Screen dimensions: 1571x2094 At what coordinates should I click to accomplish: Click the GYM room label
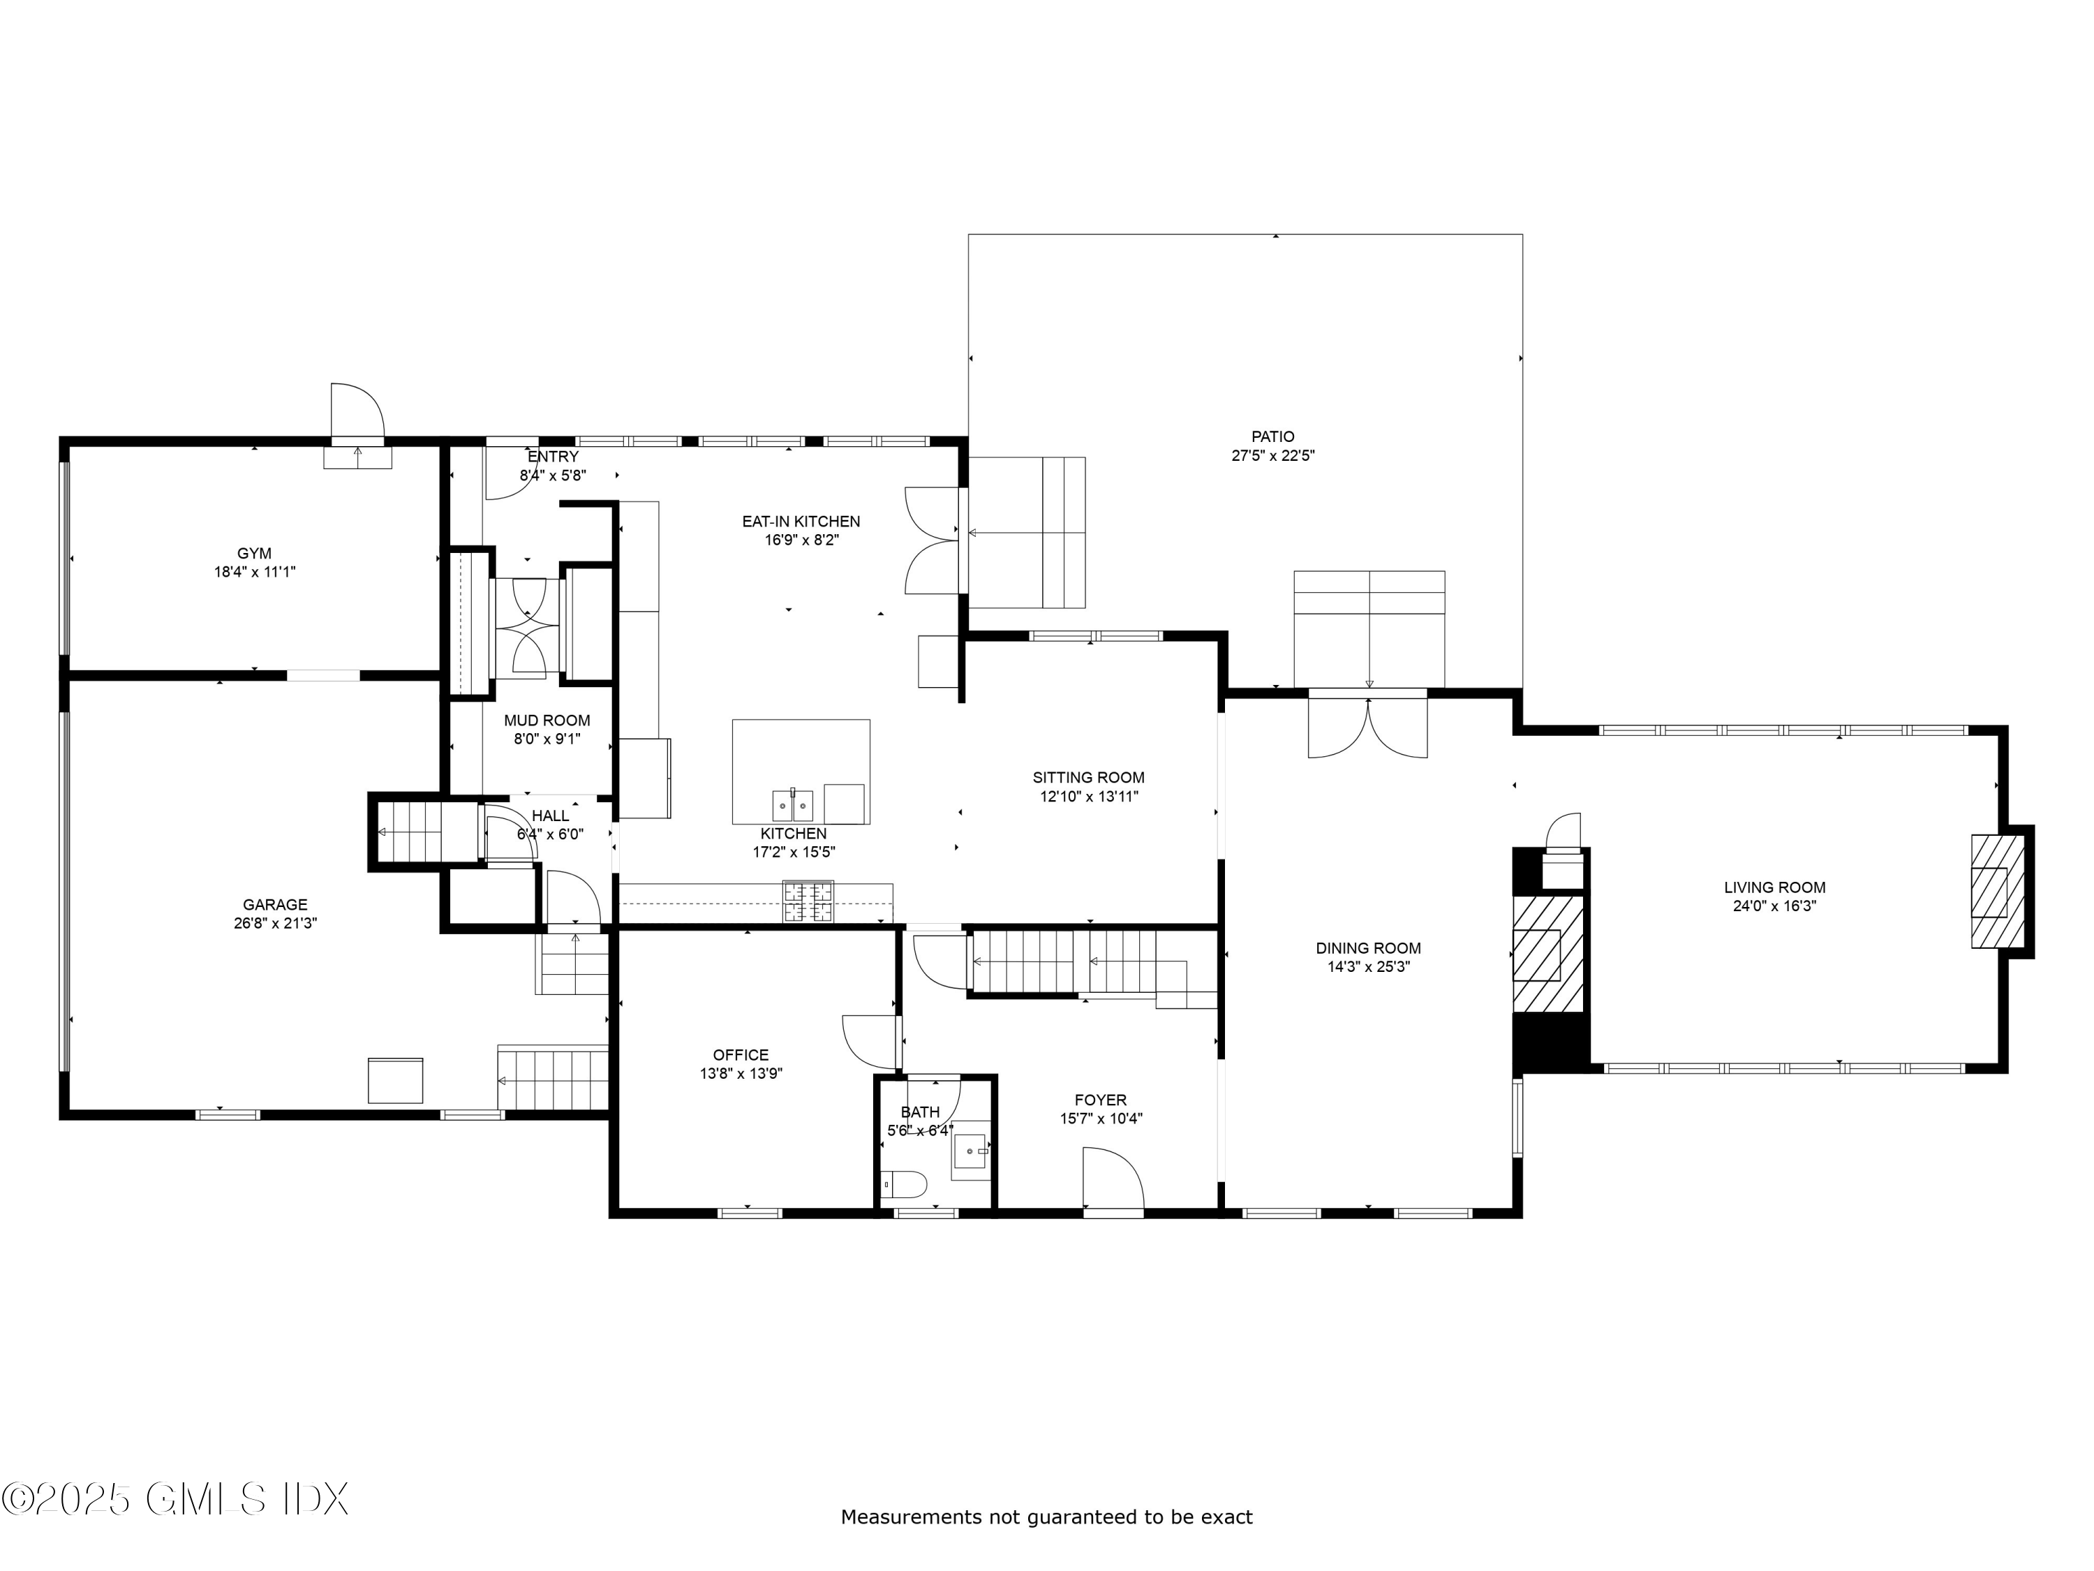253,553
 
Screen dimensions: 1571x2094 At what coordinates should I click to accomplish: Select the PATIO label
1272,436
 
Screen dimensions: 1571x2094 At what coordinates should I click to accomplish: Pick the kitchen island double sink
792,806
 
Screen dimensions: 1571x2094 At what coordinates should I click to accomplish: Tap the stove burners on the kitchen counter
808,901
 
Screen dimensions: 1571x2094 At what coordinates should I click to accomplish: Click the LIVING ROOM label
1774,887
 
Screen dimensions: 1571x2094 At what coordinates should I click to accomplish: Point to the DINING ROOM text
1368,948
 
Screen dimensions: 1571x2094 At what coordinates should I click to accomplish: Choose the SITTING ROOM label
1089,777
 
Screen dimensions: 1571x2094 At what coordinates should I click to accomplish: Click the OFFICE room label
741,1055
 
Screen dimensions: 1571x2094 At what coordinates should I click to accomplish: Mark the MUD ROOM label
547,721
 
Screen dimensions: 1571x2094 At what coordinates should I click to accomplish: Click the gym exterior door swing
357,412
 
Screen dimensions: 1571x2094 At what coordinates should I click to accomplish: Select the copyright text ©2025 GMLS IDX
175,1499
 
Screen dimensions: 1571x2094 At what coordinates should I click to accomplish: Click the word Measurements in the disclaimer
911,1518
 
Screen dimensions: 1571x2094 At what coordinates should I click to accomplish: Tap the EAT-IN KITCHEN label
801,521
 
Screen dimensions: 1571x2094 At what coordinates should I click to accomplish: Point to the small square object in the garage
395,1080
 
